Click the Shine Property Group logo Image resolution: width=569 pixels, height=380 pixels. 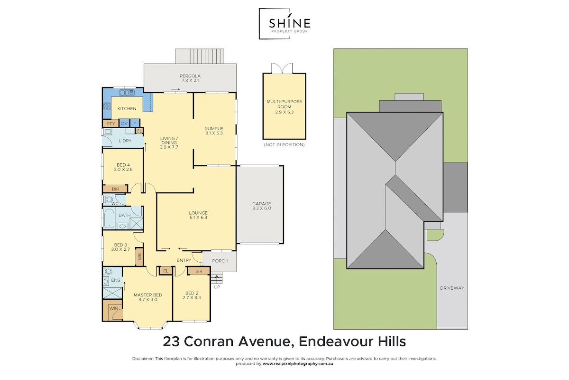(x=284, y=24)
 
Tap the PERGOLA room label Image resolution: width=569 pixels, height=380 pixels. (x=190, y=76)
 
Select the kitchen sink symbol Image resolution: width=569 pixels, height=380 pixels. (x=127, y=93)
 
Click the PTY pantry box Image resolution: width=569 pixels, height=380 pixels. (x=110, y=123)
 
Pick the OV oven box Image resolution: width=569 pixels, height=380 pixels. (x=124, y=123)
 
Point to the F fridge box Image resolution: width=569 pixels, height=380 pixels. (x=135, y=123)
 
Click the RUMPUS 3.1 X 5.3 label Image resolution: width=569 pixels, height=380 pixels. (x=214, y=131)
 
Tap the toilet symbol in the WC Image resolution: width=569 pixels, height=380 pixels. (x=109, y=199)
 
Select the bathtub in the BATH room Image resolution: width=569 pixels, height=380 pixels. (x=109, y=218)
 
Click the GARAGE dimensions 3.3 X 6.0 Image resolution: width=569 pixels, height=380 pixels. (x=262, y=208)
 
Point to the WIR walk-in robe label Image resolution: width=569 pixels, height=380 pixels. (x=113, y=308)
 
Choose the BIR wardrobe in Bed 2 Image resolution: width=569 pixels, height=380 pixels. (x=199, y=271)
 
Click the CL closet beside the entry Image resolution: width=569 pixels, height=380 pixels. (x=166, y=271)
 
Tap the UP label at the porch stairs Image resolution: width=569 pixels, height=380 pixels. (x=217, y=287)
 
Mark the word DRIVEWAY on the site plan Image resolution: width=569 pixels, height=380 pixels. (x=452, y=288)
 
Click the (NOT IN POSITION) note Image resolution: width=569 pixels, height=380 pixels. (x=284, y=145)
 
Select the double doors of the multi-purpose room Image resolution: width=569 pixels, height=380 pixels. (x=282, y=68)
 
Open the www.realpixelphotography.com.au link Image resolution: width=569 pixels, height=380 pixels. (x=298, y=364)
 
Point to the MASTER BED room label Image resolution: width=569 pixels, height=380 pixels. (x=148, y=295)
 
